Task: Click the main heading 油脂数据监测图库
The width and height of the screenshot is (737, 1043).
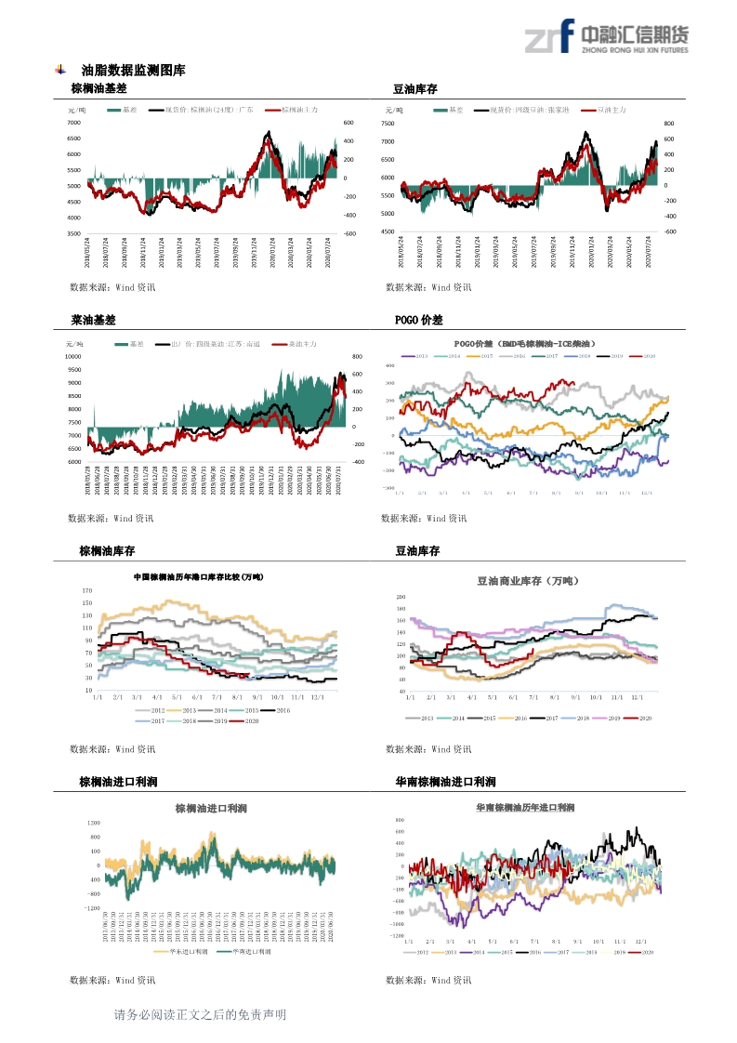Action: pos(133,70)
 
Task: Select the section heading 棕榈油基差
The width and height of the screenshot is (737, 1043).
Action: pos(99,89)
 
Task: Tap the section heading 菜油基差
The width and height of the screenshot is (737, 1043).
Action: pos(93,320)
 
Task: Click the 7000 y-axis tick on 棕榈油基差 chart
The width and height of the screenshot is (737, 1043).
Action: pos(73,123)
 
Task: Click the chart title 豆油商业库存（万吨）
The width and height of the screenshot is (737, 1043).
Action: pos(527,581)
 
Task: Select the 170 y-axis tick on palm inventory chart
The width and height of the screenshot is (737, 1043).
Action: pos(87,590)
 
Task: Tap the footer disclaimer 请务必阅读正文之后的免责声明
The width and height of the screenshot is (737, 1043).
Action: pos(200,1015)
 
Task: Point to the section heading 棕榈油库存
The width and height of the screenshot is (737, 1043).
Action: pos(104,551)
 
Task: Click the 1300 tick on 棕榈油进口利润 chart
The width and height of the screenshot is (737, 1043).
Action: pos(93,824)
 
